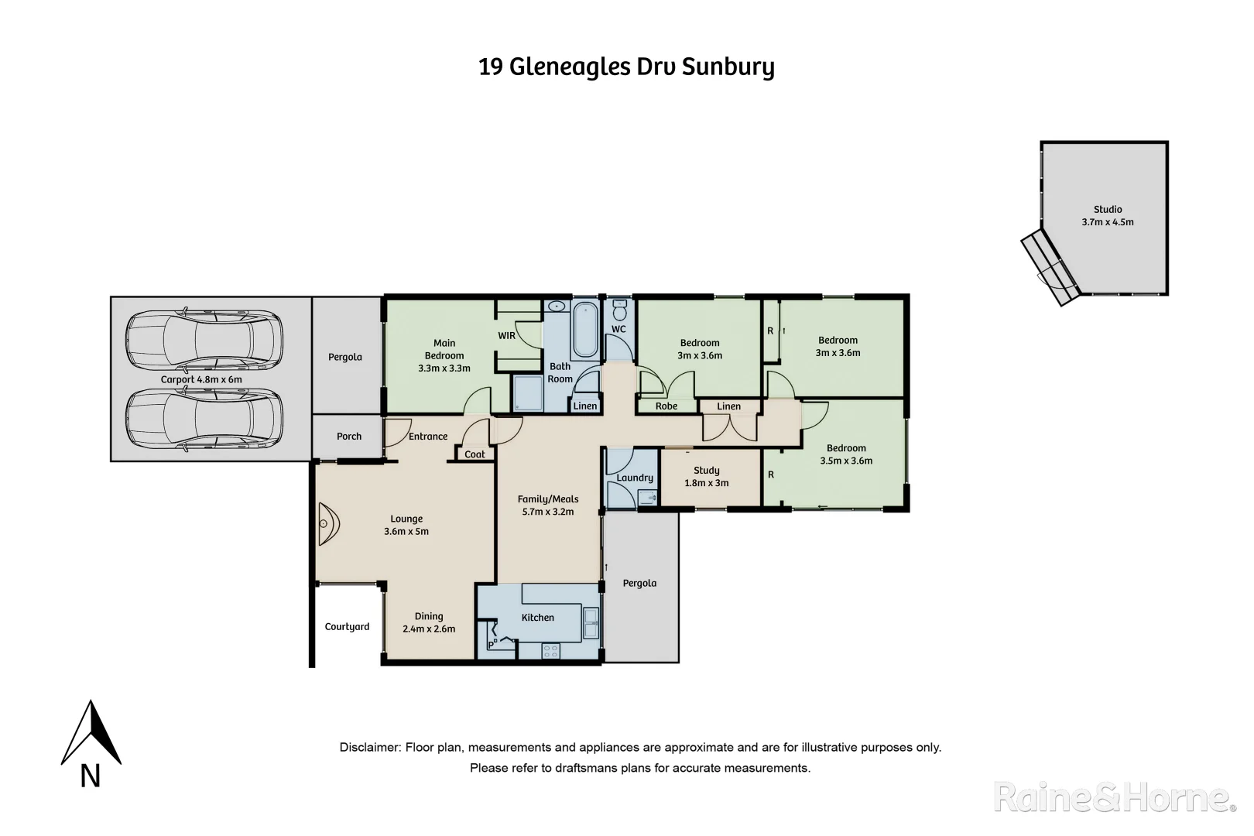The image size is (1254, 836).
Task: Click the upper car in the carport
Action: [204, 341]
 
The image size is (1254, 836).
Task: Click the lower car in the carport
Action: [204, 419]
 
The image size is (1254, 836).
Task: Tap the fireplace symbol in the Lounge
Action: [327, 524]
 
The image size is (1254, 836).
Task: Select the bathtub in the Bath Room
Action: [585, 331]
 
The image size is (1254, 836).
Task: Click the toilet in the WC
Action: [618, 311]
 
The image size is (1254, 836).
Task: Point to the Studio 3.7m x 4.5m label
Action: [1107, 216]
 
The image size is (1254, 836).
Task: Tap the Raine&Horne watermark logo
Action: [1115, 797]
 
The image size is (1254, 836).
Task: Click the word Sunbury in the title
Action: [728, 67]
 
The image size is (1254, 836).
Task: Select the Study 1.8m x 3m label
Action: [706, 477]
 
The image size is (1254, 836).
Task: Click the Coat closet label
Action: [475, 454]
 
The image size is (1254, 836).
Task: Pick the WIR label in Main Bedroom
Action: [506, 336]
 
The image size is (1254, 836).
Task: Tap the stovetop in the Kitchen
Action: [550, 651]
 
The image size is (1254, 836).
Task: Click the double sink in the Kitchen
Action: [591, 624]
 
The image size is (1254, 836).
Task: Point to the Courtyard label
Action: [347, 627]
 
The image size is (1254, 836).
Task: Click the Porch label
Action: [349, 437]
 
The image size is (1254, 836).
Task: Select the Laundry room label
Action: [635, 478]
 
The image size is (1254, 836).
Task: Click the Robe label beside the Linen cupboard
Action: [666, 406]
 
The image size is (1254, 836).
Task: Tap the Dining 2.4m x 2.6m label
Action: [429, 623]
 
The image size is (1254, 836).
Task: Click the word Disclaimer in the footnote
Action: [369, 748]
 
